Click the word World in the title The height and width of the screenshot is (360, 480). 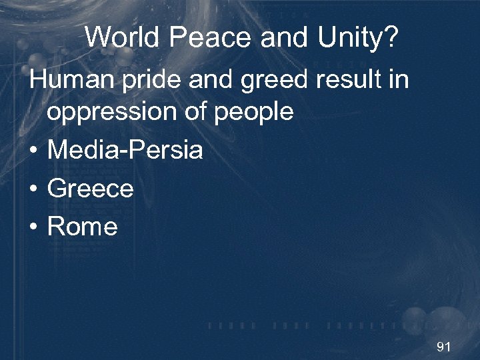[x=123, y=38]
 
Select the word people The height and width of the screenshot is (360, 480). [x=256, y=112]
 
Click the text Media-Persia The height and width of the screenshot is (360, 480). [x=125, y=151]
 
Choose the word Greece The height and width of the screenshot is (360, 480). [x=91, y=189]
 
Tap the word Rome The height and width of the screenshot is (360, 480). [x=83, y=227]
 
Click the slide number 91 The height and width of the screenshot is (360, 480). [x=443, y=347]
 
